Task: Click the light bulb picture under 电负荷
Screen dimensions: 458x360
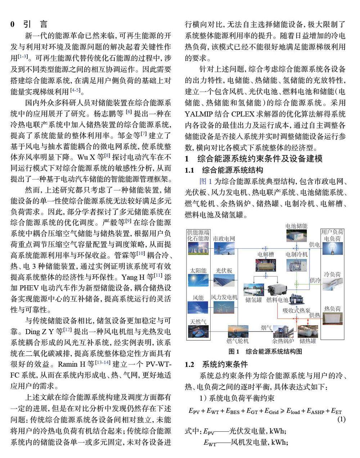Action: tap(332, 249)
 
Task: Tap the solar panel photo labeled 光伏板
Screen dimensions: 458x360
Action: tap(224, 281)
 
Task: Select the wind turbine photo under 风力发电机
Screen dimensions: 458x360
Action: tap(224, 307)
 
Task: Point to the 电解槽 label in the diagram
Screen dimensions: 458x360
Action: tap(266, 254)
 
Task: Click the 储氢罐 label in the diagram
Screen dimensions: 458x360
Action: tap(254, 300)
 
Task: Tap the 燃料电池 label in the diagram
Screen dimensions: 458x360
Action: tap(277, 300)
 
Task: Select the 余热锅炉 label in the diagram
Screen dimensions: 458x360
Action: tap(283, 341)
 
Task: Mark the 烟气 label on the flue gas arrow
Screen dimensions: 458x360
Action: tap(266, 327)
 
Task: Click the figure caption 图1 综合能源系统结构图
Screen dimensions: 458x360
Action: tap(265, 351)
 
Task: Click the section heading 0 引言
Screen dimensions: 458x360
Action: tap(29, 25)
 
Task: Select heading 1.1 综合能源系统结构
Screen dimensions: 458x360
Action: tap(224, 170)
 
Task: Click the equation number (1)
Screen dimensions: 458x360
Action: tap(341, 419)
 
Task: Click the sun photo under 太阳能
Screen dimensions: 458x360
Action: tap(198, 281)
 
